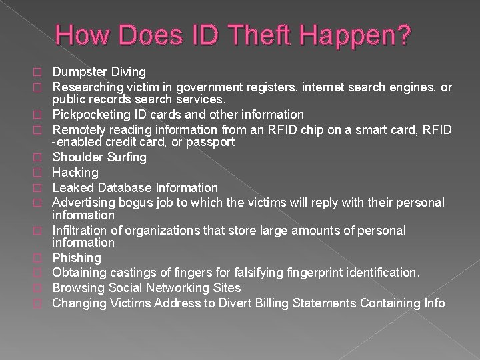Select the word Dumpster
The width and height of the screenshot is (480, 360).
(x=77, y=71)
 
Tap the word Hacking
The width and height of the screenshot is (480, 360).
(x=75, y=173)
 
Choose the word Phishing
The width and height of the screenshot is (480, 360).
(x=77, y=258)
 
